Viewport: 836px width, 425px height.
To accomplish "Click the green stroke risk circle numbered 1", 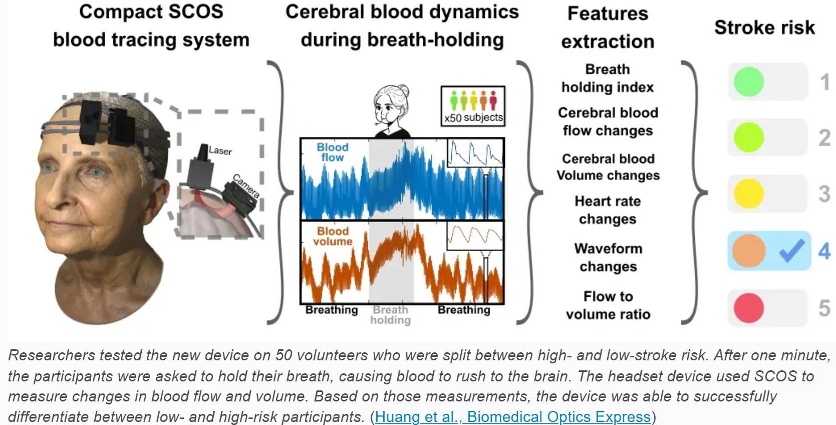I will [748, 82].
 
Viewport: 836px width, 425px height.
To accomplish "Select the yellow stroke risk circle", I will [748, 193].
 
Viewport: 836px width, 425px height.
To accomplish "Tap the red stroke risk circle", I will [748, 307].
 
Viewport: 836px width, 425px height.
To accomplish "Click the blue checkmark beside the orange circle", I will [791, 251].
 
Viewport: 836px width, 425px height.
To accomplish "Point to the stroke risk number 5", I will [824, 307].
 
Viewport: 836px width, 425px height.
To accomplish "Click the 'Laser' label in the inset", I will [220, 150].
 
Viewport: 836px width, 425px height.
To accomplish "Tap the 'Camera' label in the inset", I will [246, 186].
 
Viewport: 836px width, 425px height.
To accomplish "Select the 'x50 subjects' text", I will [473, 118].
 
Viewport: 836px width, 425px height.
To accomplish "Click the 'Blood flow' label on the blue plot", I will [332, 152].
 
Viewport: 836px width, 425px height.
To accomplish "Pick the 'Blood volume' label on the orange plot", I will [333, 236].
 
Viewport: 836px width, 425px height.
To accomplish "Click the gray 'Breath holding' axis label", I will [391, 315].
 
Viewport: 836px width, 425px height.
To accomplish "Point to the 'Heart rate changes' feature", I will [608, 210].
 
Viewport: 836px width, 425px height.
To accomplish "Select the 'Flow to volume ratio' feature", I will [608, 305].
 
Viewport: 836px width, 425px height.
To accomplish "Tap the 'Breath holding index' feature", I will [608, 78].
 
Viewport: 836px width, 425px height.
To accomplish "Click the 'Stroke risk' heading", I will [764, 28].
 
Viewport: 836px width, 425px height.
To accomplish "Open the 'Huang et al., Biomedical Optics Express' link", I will [512, 416].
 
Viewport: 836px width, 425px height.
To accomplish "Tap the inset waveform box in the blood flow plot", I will [475, 152].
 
